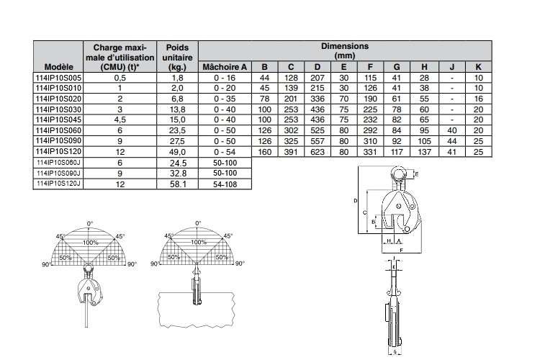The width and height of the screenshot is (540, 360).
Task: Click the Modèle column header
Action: (x=58, y=67)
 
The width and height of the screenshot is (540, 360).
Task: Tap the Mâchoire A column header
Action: (x=225, y=67)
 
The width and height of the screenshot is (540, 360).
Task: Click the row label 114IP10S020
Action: (x=58, y=99)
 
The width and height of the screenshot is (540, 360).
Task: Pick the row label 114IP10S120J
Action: (x=58, y=184)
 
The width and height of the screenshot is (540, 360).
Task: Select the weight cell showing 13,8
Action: (x=178, y=109)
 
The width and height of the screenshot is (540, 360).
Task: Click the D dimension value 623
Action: (x=318, y=152)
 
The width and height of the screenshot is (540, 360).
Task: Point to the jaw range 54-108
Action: (x=225, y=184)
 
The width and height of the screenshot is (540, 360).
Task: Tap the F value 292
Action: (x=370, y=130)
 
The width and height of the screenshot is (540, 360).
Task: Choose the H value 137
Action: (x=424, y=152)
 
